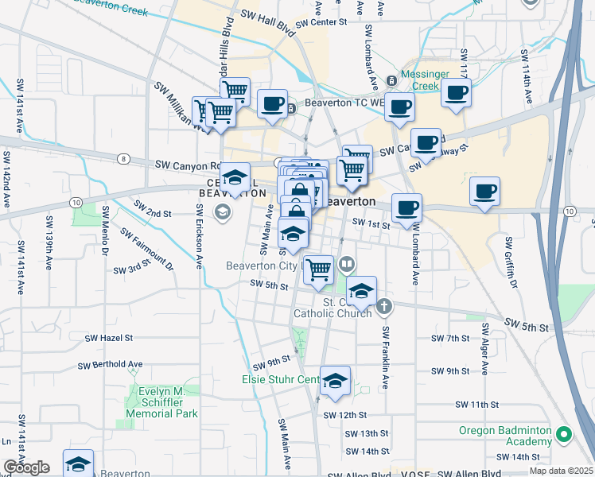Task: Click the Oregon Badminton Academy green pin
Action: point(564,435)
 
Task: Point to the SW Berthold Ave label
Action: point(110,365)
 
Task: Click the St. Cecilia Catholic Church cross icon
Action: point(384,306)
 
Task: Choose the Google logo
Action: point(25,467)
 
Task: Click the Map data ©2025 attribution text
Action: point(561,471)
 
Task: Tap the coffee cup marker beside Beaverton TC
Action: point(272,104)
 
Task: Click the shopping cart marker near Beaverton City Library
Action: point(318,269)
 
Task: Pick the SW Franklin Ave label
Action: point(384,357)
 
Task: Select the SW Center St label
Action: point(322,22)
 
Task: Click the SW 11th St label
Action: point(476,405)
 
